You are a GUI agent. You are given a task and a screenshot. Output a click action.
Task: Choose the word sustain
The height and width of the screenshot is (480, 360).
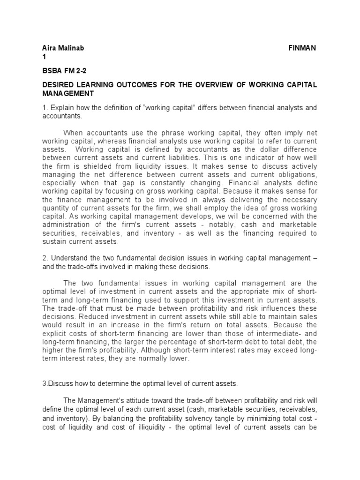(x=54, y=242)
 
